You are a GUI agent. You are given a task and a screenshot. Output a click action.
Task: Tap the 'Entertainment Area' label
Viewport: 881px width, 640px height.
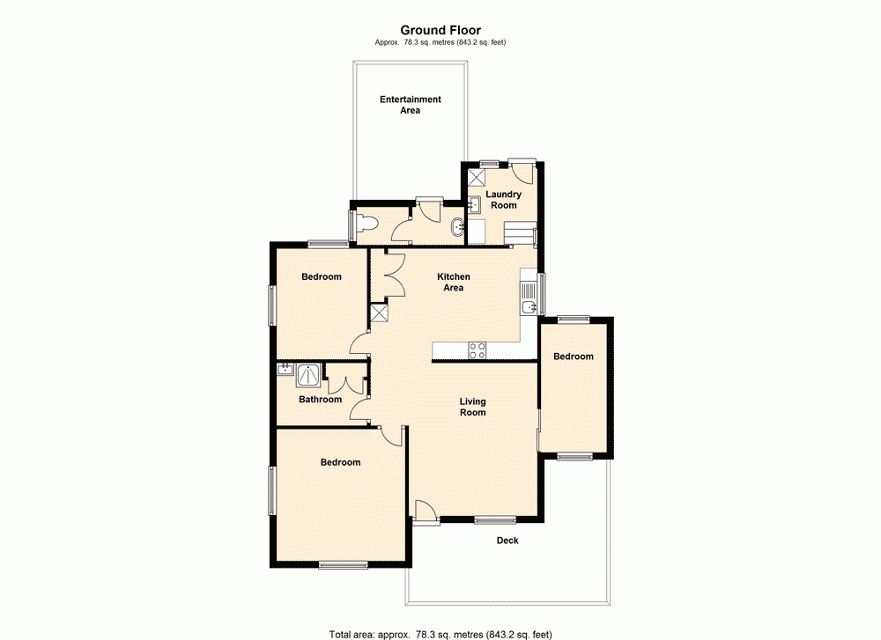click(411, 105)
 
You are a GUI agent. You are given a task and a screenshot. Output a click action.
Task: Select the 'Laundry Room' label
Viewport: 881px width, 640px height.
click(503, 200)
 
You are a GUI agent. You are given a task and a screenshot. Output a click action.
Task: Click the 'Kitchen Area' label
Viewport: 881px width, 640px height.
click(454, 283)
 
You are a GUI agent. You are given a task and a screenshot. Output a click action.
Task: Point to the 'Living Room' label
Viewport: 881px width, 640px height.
click(472, 407)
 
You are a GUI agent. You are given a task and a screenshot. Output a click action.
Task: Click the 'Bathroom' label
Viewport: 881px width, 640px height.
click(320, 400)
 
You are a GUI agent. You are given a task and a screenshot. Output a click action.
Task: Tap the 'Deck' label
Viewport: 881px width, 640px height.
click(507, 541)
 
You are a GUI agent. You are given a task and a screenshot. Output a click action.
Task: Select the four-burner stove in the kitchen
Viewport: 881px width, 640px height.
click(477, 350)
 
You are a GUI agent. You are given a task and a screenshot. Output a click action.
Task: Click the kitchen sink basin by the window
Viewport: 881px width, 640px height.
click(528, 306)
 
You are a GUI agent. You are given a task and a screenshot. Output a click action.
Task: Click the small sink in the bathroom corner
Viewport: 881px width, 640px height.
click(285, 370)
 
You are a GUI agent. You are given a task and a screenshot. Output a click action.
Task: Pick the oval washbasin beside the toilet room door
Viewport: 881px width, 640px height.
click(455, 228)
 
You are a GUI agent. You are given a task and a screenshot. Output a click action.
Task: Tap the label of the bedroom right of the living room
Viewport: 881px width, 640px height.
click(573, 357)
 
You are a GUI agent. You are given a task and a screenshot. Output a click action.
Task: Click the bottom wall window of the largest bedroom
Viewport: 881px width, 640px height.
click(343, 565)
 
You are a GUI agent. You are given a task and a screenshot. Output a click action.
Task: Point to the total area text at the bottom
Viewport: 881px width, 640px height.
click(440, 633)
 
